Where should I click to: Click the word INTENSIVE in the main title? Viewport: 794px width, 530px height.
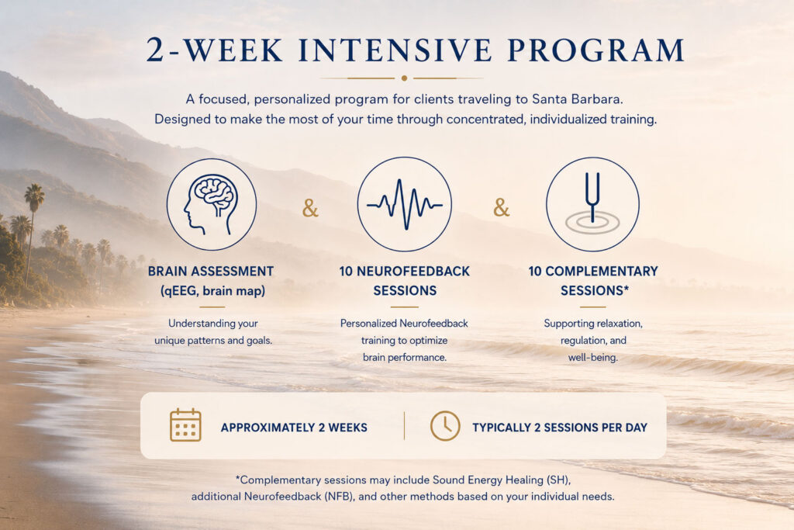pos(395,50)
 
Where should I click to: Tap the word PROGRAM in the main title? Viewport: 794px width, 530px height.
pos(596,50)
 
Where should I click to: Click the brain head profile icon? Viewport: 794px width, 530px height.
pos(212,204)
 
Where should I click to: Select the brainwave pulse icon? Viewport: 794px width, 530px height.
pos(404,204)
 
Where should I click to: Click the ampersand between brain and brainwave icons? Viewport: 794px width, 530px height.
pos(310,208)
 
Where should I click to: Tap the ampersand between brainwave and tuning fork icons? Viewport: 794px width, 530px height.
pos(502,208)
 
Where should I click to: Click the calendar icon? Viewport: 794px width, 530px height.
pos(185,424)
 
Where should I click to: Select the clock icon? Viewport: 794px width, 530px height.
pos(445,425)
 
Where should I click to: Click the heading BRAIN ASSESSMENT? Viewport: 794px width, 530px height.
pos(211,272)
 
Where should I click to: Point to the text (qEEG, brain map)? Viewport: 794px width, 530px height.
pos(212,291)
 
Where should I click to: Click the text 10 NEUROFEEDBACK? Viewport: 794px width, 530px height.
pos(405,272)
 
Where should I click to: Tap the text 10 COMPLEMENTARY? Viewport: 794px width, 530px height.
pos(593,272)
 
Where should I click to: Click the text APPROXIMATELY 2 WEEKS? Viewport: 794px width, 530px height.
pos(294,428)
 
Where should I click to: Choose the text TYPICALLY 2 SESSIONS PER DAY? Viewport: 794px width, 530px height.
pos(560,428)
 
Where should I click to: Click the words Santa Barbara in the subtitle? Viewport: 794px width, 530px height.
pos(577,99)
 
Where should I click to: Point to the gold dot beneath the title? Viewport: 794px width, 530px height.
pos(404,78)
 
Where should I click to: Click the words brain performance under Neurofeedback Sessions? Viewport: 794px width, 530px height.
pos(405,357)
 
